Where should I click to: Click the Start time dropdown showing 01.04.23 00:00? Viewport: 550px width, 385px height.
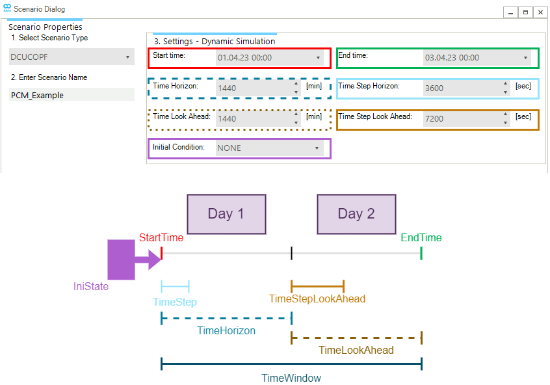(x=268, y=58)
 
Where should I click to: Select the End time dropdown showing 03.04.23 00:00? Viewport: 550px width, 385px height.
(x=476, y=58)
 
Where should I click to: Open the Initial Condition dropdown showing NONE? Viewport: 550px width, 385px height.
(x=268, y=148)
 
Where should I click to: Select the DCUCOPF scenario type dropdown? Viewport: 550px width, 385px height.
(x=71, y=57)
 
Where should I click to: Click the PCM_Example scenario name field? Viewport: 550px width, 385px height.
(x=71, y=95)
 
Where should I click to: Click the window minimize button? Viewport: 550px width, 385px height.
(x=512, y=12)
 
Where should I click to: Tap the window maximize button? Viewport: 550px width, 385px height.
(x=526, y=12)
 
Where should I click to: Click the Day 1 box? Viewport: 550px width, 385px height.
(x=226, y=214)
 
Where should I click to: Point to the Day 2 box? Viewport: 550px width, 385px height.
(x=356, y=214)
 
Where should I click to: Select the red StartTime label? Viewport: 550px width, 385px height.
(x=161, y=237)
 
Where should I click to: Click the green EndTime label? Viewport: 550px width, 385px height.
(x=421, y=237)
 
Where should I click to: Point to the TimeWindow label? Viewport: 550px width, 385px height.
(x=291, y=378)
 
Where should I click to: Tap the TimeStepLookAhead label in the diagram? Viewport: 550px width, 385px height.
(x=317, y=299)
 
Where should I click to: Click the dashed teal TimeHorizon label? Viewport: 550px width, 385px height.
(x=226, y=330)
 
